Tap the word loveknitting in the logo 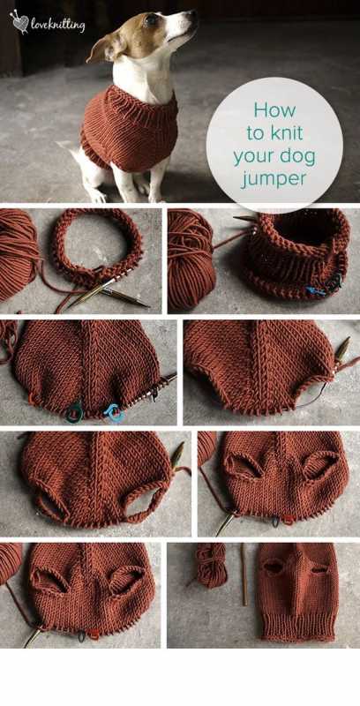58,26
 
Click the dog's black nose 194,12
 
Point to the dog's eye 151,19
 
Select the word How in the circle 275,110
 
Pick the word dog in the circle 299,159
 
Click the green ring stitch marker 74,411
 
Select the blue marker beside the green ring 115,413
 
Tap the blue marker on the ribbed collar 318,291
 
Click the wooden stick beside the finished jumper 244,575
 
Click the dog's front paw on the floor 98,194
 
